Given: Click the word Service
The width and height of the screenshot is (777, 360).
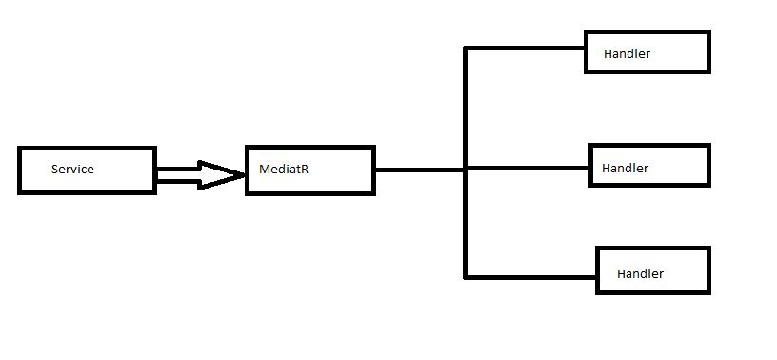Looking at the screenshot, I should tap(72, 170).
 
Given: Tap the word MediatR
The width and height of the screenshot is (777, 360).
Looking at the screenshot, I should tap(284, 170).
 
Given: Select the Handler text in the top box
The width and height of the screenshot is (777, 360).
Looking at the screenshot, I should tap(627, 54).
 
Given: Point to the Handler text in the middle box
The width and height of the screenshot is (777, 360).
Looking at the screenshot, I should tap(625, 169).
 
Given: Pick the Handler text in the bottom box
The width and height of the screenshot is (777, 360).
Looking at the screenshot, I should tap(640, 274).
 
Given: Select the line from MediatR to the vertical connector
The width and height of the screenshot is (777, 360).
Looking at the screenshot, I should tap(419, 170).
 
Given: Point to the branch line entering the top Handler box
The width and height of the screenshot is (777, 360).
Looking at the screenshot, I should tap(524, 48).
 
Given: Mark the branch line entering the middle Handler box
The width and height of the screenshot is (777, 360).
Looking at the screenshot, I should tap(528, 169).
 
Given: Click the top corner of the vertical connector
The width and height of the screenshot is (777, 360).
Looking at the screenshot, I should tap(466, 48).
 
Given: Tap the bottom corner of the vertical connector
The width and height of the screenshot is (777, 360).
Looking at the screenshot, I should tap(466, 277).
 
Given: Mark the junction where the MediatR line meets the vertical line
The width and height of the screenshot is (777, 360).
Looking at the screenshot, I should tap(466, 170).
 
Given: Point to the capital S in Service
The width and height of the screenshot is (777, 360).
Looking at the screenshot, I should tap(55, 170).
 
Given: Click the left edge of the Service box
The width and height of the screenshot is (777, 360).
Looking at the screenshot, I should tap(20, 170).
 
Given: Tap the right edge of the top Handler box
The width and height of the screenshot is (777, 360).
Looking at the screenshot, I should tap(708, 51).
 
